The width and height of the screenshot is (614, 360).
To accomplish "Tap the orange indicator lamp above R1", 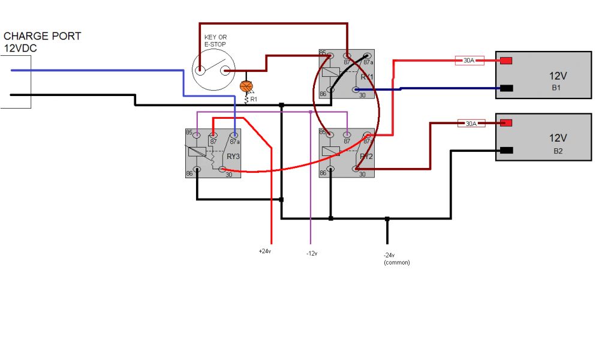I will coord(244,86).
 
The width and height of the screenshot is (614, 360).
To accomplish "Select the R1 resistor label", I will coord(254,98).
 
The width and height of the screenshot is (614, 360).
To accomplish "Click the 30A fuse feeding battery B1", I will coord(469,60).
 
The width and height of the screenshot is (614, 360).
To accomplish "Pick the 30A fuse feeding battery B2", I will coord(471,124).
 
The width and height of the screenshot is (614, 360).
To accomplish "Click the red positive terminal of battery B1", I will coord(505,61).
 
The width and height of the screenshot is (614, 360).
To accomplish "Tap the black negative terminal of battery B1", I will coord(505,88).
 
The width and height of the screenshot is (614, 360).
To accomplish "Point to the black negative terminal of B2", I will coord(505,151).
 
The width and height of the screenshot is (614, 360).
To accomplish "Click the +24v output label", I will coord(264,251).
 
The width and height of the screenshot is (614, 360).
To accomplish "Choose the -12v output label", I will coord(311,253).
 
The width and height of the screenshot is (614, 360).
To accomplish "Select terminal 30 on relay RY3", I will coord(222,171).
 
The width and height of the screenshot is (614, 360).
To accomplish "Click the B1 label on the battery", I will coord(556,88).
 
